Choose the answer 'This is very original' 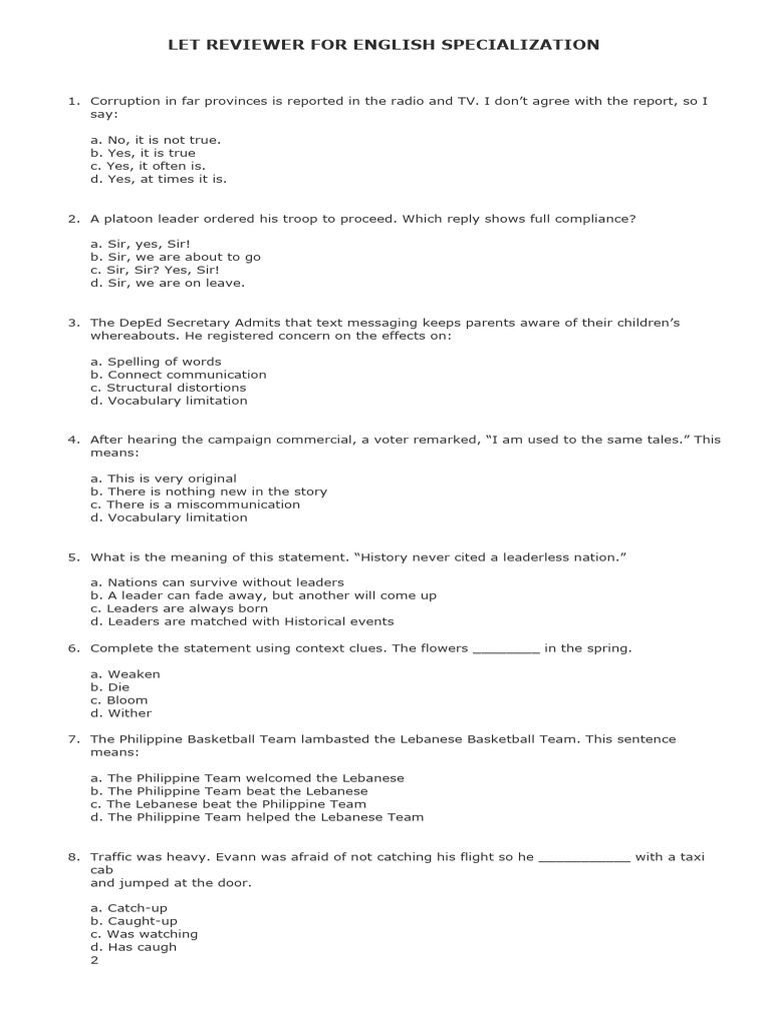[x=164, y=479]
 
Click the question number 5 [x=73, y=556]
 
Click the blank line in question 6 [x=505, y=649]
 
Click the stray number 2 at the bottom [x=94, y=960]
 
